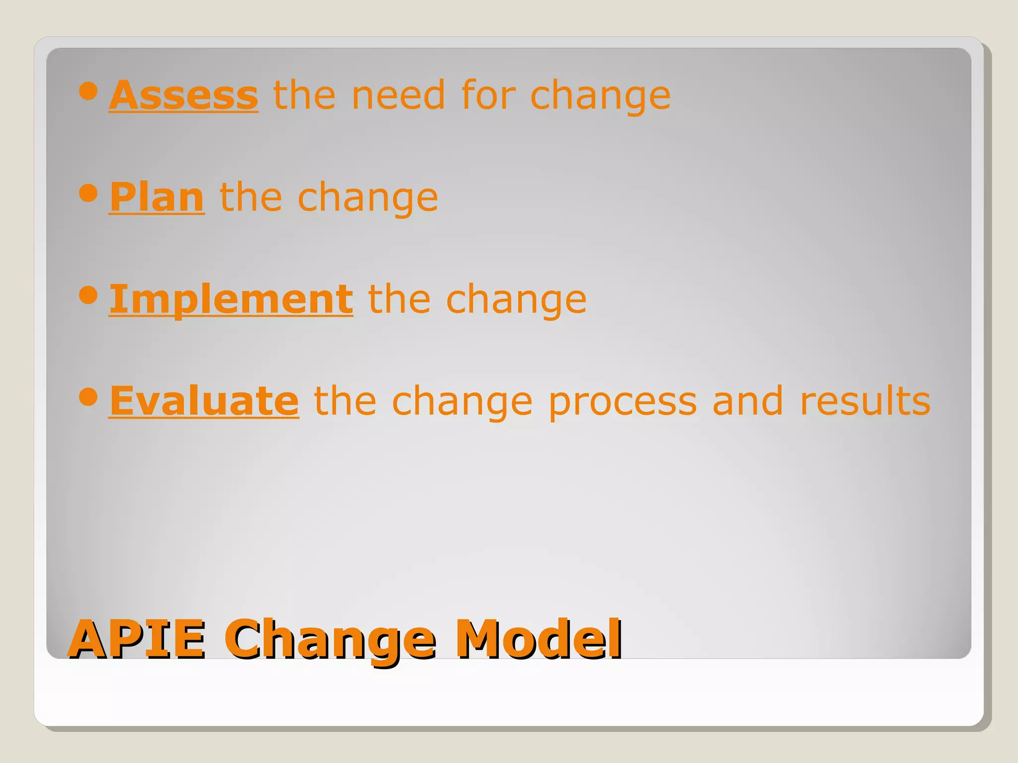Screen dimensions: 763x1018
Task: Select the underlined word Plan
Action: [157, 197]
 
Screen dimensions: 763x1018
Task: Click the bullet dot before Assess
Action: [88, 91]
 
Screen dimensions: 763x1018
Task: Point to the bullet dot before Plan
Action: [88, 193]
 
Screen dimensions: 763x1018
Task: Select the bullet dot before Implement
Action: [88, 295]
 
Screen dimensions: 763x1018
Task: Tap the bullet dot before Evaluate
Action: [88, 397]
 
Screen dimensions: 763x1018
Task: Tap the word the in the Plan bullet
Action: [251, 197]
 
